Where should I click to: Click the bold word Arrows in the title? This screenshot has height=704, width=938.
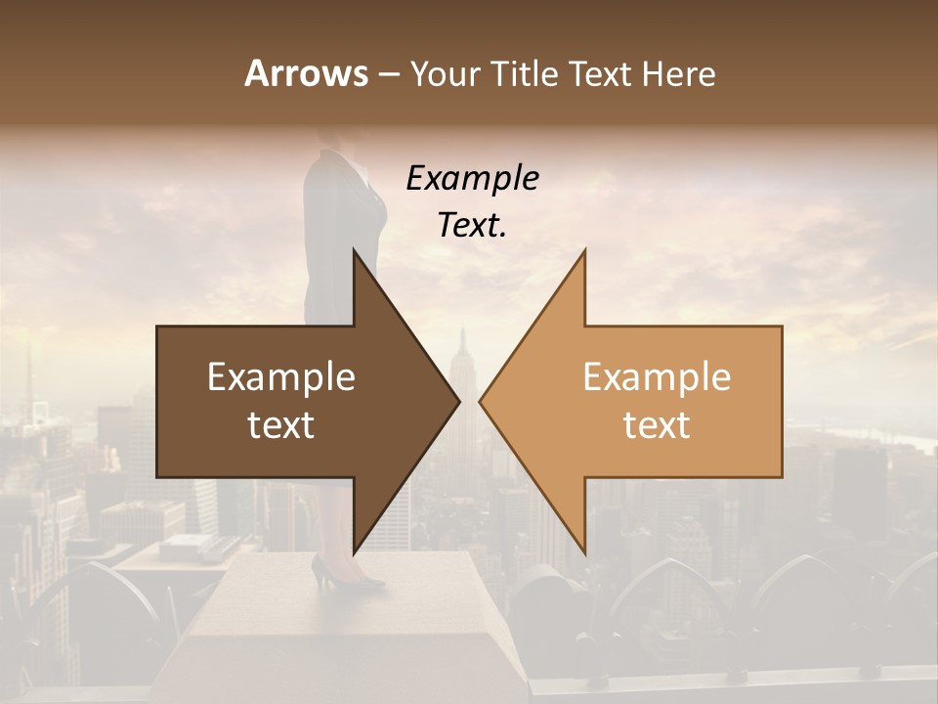click(307, 73)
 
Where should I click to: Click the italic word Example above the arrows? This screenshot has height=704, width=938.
click(472, 178)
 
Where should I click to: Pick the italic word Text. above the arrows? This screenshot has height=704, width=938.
click(472, 225)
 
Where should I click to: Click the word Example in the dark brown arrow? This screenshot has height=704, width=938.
click(281, 377)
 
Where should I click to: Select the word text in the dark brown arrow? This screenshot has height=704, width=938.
click(281, 425)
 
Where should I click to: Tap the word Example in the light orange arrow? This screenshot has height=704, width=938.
click(657, 377)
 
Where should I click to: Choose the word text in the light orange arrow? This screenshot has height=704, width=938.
click(657, 425)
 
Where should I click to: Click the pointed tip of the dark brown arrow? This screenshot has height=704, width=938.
click(456, 401)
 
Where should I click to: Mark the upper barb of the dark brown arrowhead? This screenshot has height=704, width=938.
click(356, 256)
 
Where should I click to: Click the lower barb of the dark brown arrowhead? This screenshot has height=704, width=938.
click(356, 548)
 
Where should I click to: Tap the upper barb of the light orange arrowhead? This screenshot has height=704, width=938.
click(582, 256)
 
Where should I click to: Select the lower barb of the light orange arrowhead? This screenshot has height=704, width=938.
click(582, 548)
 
